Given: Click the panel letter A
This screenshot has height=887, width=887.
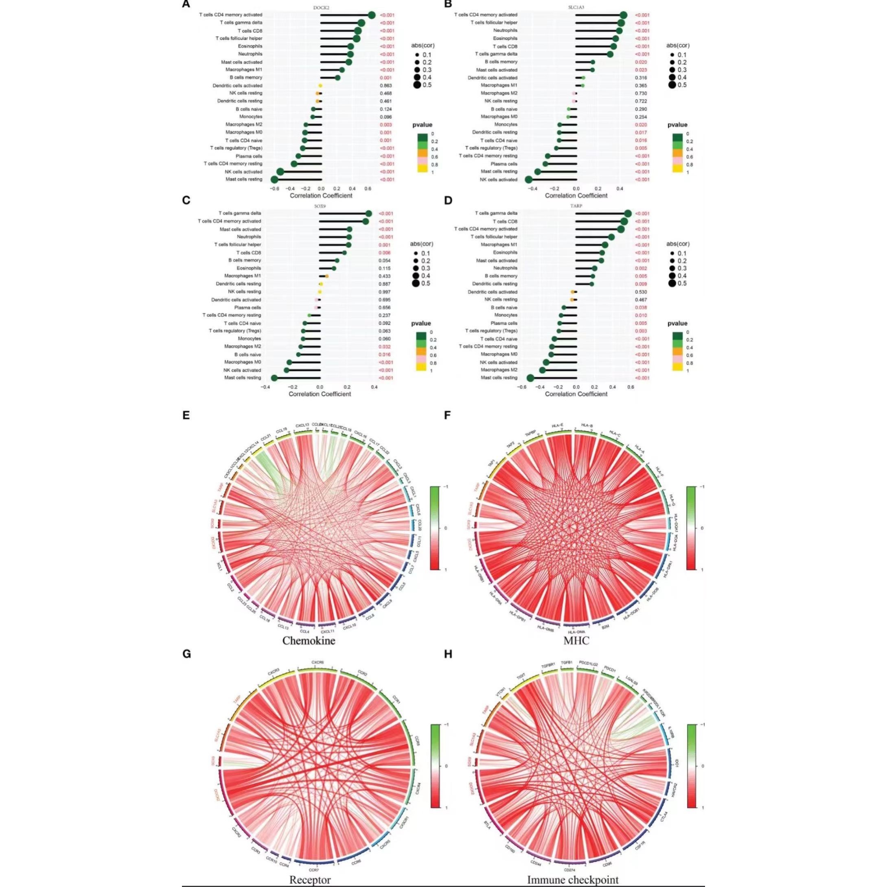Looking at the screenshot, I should (x=186, y=4).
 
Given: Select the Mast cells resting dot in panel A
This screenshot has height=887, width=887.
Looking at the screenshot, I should (x=274, y=180).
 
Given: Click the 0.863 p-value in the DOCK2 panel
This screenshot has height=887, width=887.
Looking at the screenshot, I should (x=385, y=85).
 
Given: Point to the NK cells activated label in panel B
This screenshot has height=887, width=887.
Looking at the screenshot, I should (x=498, y=180).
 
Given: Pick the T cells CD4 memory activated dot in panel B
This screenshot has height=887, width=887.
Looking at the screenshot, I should (x=624, y=15).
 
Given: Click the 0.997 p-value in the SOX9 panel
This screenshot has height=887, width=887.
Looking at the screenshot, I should (x=384, y=291).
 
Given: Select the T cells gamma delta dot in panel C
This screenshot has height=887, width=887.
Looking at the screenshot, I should (x=369, y=213).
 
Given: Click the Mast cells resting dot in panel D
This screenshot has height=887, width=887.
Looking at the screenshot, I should (x=530, y=378).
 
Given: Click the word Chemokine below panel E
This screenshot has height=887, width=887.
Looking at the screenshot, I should (x=309, y=640).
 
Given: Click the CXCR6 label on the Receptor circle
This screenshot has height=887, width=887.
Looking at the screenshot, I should (x=318, y=662).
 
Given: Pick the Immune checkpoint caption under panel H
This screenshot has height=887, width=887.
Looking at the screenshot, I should (x=572, y=880).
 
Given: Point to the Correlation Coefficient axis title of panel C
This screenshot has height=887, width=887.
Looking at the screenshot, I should (x=320, y=394).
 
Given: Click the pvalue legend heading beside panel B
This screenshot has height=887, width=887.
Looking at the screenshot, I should (x=677, y=125).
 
